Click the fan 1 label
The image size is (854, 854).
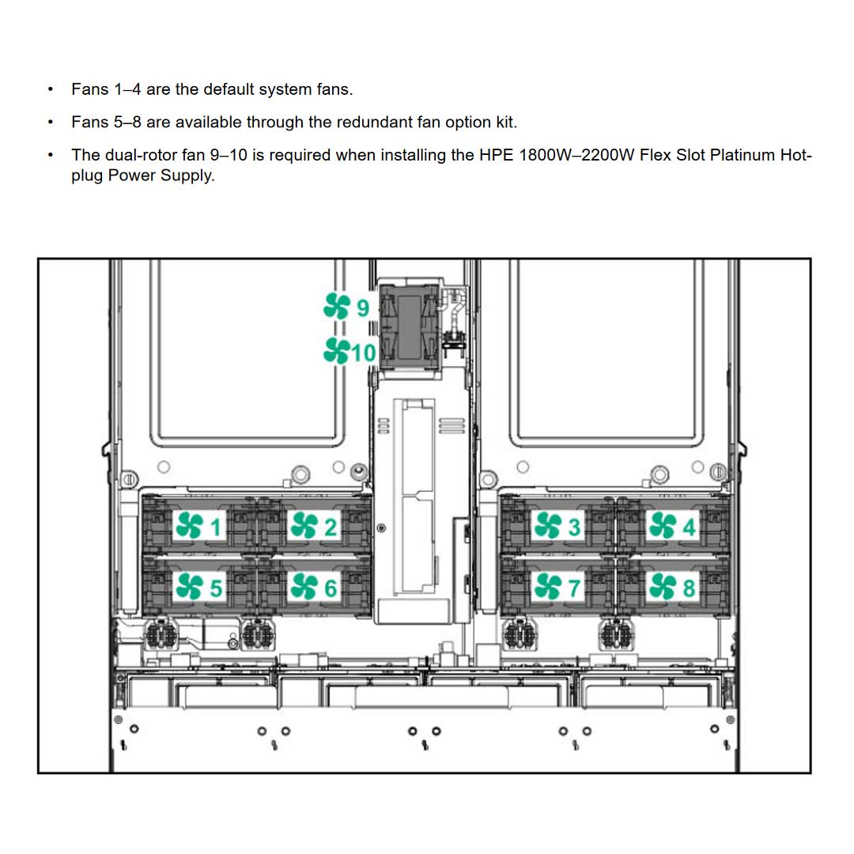201,525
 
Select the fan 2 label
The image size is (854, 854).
314,525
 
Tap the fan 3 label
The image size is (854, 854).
558,525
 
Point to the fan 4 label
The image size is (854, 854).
672,525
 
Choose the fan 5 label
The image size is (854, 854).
201,587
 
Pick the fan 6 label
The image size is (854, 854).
314,587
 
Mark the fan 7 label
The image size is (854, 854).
558,587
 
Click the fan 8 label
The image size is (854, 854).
672,587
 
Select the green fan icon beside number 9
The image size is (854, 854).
337,306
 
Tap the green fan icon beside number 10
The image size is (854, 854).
337,350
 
